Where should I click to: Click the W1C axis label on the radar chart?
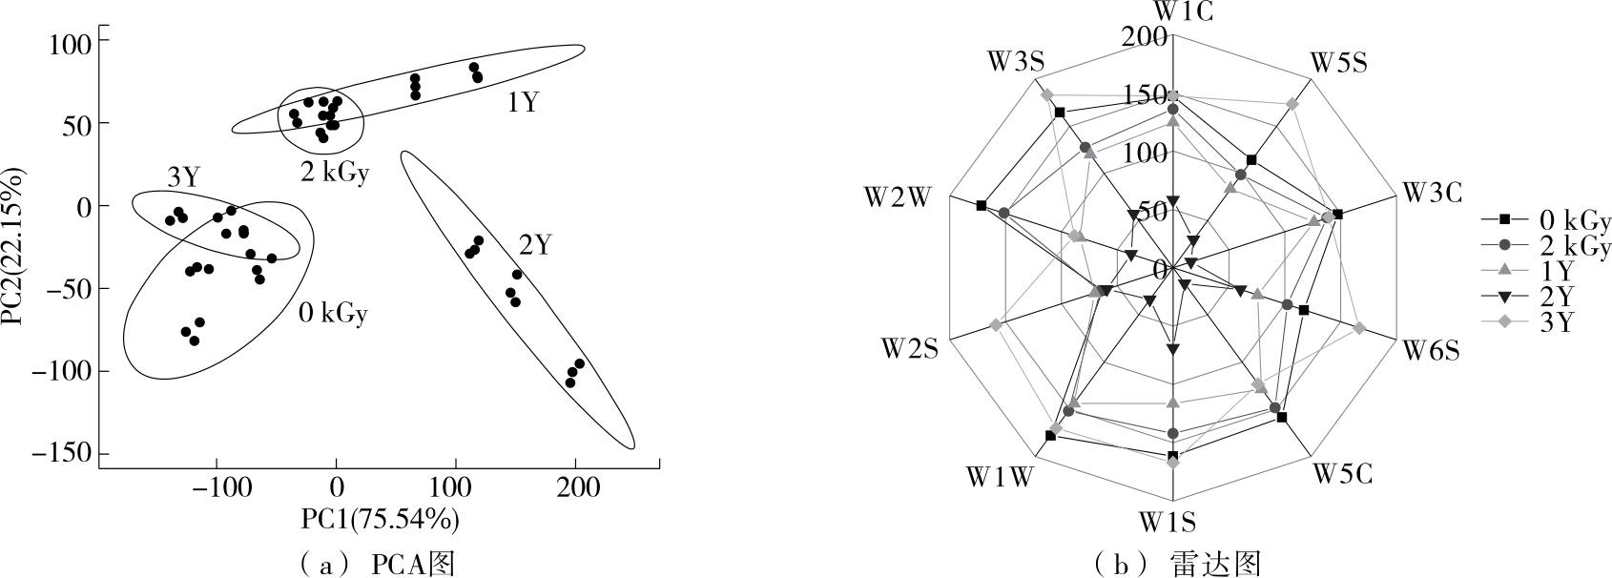pos(1173,11)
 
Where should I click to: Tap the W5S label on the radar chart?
pos(1337,63)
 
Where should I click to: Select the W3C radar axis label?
pos(1431,193)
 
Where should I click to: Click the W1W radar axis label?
pos(999,476)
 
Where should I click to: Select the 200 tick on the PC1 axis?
pos(575,487)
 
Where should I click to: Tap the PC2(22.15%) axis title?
pos(16,248)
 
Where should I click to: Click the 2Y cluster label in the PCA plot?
pos(534,246)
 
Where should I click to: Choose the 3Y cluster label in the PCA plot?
pos(183,176)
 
